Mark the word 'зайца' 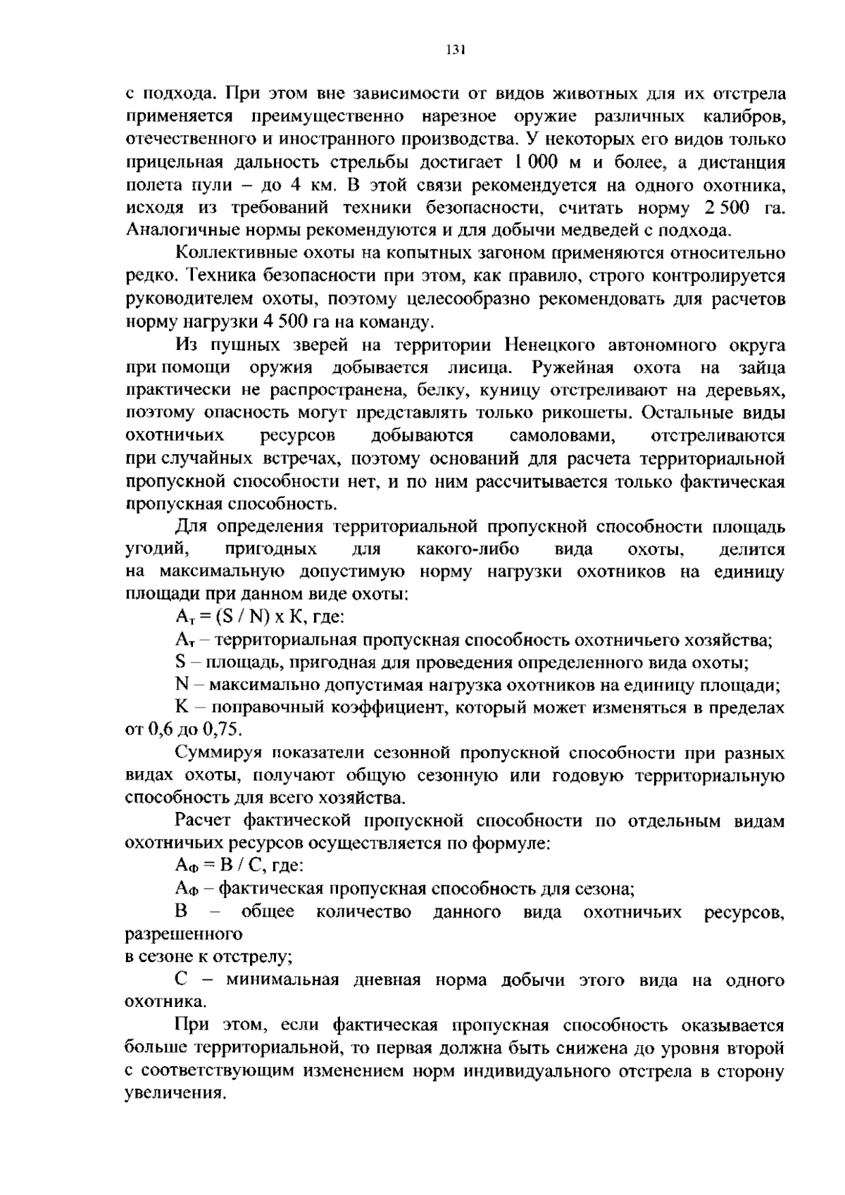click(x=762, y=368)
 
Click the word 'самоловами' click(x=562, y=436)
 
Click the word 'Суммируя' click(x=219, y=753)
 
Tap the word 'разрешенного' click(x=184, y=934)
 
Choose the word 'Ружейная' click(x=573, y=368)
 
